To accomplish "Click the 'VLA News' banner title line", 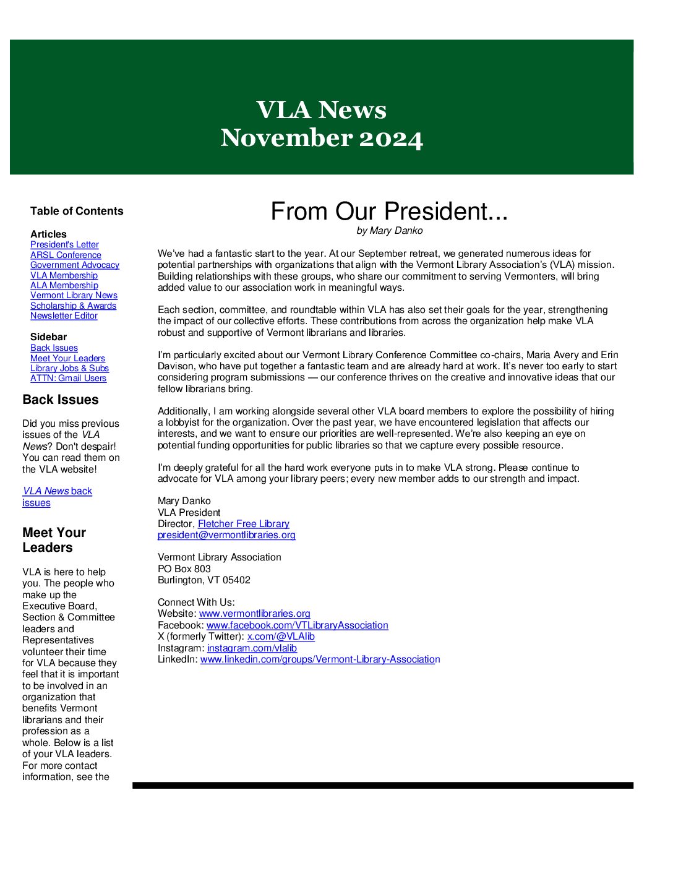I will click(x=321, y=110).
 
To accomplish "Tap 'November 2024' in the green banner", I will click(x=321, y=138).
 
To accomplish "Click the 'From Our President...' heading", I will click(x=389, y=212).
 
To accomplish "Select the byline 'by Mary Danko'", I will click(x=389, y=231).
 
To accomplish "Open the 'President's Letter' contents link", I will click(x=64, y=245).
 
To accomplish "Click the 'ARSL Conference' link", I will click(x=66, y=255).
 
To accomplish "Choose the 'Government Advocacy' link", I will click(x=75, y=265).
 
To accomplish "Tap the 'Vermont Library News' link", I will click(x=74, y=296).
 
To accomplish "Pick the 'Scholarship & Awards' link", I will click(x=73, y=306).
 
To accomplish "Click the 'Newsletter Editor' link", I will click(x=64, y=315).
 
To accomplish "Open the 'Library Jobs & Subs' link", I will click(x=69, y=368).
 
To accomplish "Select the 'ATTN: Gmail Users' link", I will click(x=68, y=378).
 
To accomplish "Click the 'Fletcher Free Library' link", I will click(x=243, y=524).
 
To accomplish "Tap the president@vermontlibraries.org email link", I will click(x=226, y=535).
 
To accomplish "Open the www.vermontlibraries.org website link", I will click(x=254, y=614).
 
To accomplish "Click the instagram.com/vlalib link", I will click(x=252, y=648).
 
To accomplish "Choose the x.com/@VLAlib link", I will click(x=281, y=637).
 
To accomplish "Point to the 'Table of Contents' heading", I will click(x=77, y=211).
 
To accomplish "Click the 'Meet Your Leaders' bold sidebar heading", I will click(x=54, y=540).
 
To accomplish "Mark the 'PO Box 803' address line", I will click(x=184, y=569).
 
